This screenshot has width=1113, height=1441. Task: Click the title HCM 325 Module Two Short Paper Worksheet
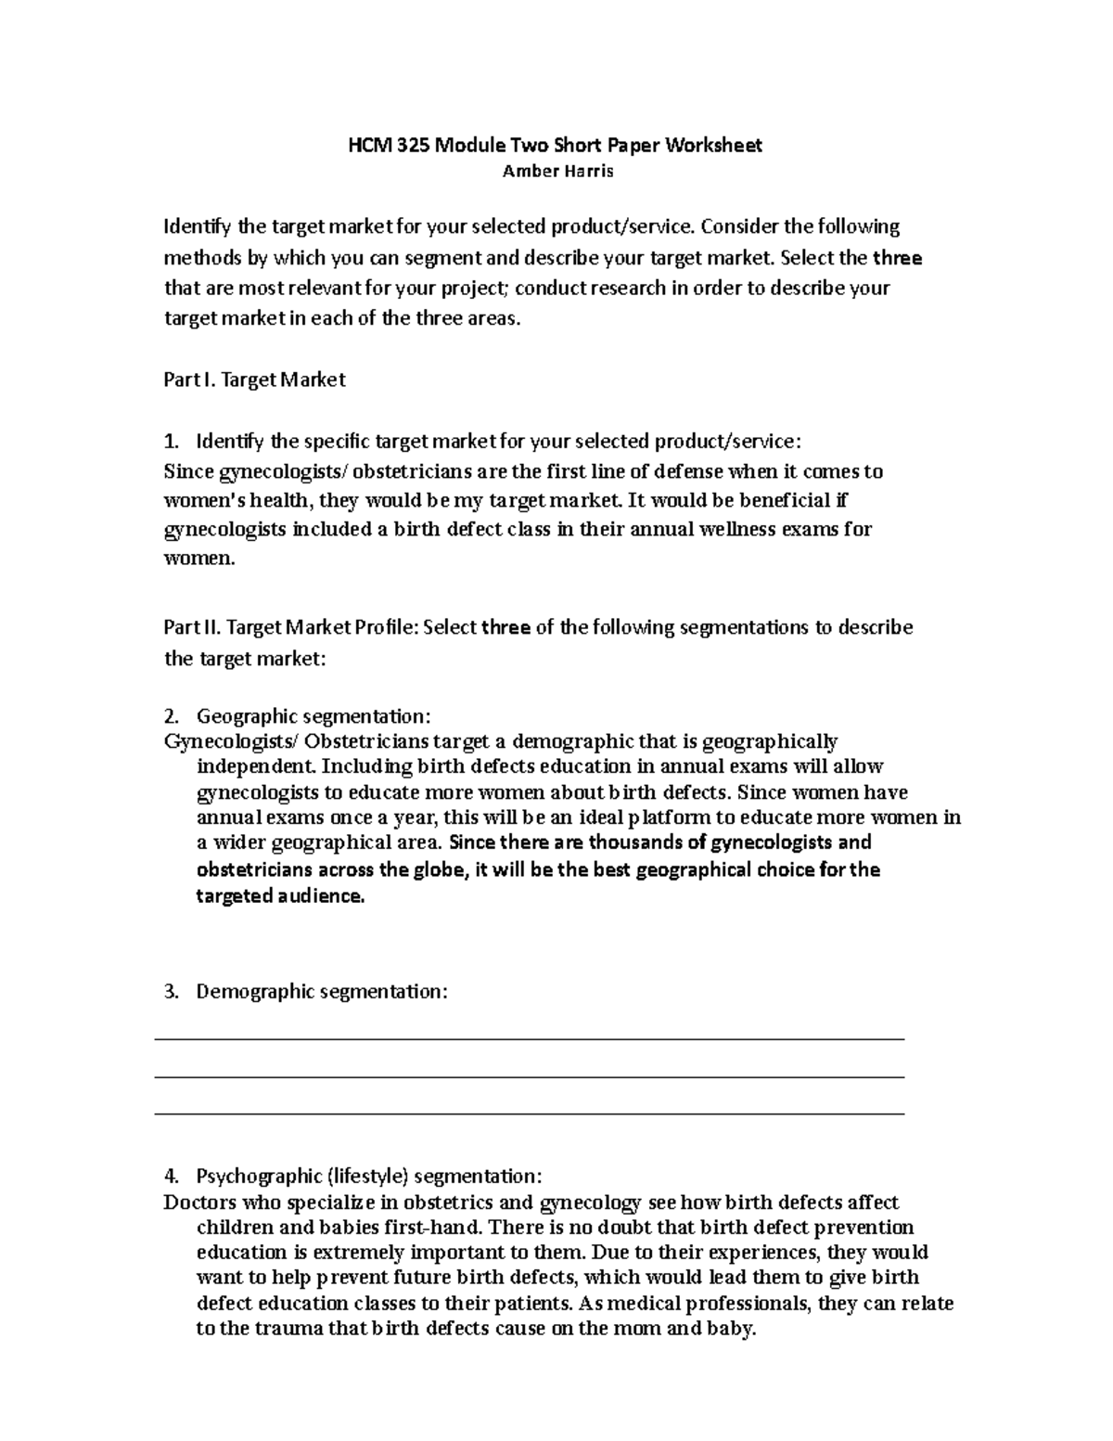(555, 145)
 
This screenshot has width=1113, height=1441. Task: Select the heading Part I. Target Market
(254, 380)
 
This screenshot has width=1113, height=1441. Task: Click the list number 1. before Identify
(170, 441)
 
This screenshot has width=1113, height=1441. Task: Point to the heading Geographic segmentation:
(313, 716)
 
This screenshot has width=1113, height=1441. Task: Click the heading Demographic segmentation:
(321, 992)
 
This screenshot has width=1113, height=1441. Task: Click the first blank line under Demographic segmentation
(529, 1040)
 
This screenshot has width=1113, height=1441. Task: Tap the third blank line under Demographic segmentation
(529, 1113)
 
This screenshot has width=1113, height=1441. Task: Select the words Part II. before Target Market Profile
(191, 627)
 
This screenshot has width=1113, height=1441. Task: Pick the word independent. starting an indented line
(258, 767)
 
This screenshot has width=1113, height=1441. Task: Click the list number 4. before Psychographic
(170, 1177)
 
